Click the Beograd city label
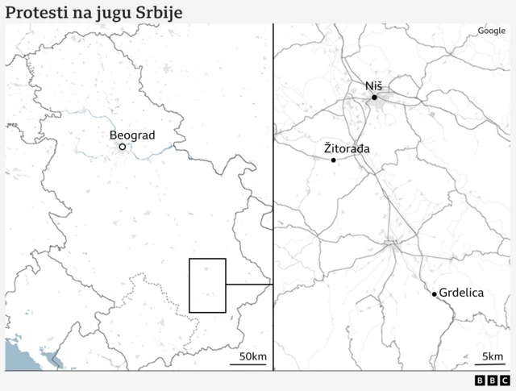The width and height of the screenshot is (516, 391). pos(131,135)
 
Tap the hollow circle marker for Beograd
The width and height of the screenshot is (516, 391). pos(122,147)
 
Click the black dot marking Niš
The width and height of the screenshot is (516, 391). pos(374,98)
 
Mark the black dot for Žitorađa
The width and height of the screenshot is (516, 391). pos(333,160)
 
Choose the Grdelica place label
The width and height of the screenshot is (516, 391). pos(462,293)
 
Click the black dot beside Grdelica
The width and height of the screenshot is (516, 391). pos(434,294)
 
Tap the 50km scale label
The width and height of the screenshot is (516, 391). pos(253,356)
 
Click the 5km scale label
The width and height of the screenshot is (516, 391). pos(493,356)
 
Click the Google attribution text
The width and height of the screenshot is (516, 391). pos(491,31)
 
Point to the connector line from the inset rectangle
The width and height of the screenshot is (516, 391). pos(249,285)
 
